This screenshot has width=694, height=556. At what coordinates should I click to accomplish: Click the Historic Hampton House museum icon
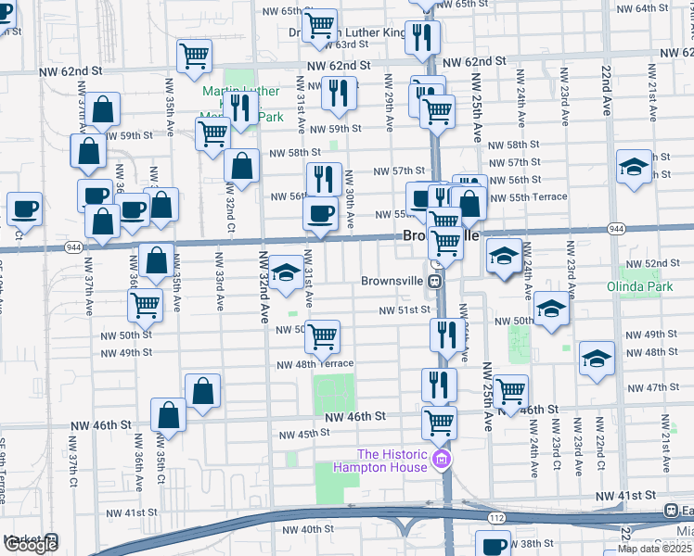click(442, 461)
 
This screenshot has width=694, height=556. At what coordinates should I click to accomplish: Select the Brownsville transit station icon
click(434, 280)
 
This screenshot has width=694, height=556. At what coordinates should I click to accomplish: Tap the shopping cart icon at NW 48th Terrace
click(322, 336)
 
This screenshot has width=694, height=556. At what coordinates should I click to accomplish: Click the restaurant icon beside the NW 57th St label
click(323, 176)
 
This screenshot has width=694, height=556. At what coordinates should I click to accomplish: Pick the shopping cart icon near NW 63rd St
click(320, 25)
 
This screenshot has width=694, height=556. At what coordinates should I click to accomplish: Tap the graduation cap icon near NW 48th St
click(597, 359)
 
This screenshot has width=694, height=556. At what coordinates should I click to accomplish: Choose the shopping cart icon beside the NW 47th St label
click(510, 391)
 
